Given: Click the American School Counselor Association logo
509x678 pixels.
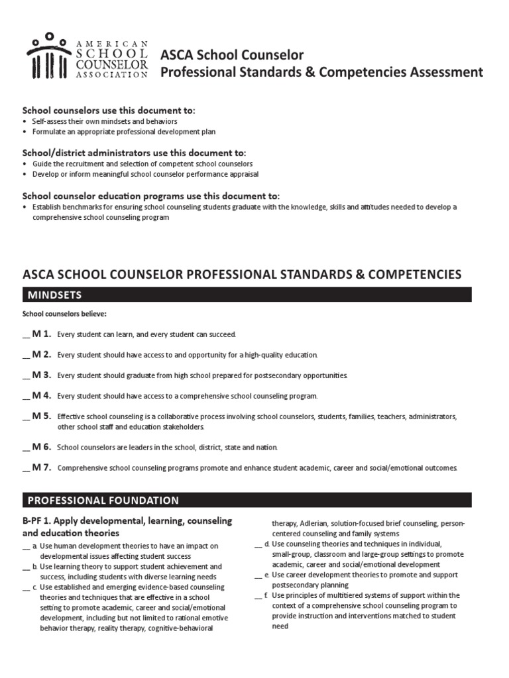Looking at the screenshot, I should tap(87, 56).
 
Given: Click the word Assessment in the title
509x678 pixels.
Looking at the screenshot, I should tap(443, 72).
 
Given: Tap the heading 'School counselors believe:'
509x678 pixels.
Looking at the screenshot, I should tap(64, 313).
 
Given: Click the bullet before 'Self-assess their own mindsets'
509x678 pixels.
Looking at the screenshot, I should tap(25, 122).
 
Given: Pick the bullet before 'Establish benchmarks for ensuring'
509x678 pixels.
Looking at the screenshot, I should tap(25, 207).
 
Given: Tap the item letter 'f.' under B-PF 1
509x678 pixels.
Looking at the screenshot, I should tap(266, 595).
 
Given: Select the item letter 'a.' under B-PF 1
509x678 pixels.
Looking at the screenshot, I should tap(34, 546).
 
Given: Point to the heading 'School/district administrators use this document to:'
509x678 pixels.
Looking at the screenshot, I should tap(134, 152).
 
